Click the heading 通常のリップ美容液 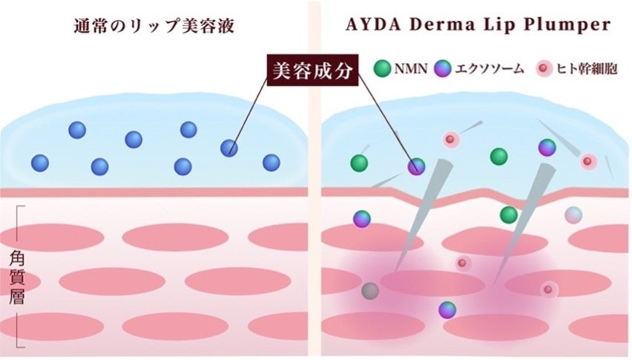[154, 24]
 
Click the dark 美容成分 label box [311, 71]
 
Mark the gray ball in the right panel [369, 291]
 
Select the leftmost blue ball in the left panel [40, 163]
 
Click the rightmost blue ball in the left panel [271, 163]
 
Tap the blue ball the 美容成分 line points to [229, 148]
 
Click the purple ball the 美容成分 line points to [416, 166]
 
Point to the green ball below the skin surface [508, 215]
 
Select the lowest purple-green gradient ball [447, 310]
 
